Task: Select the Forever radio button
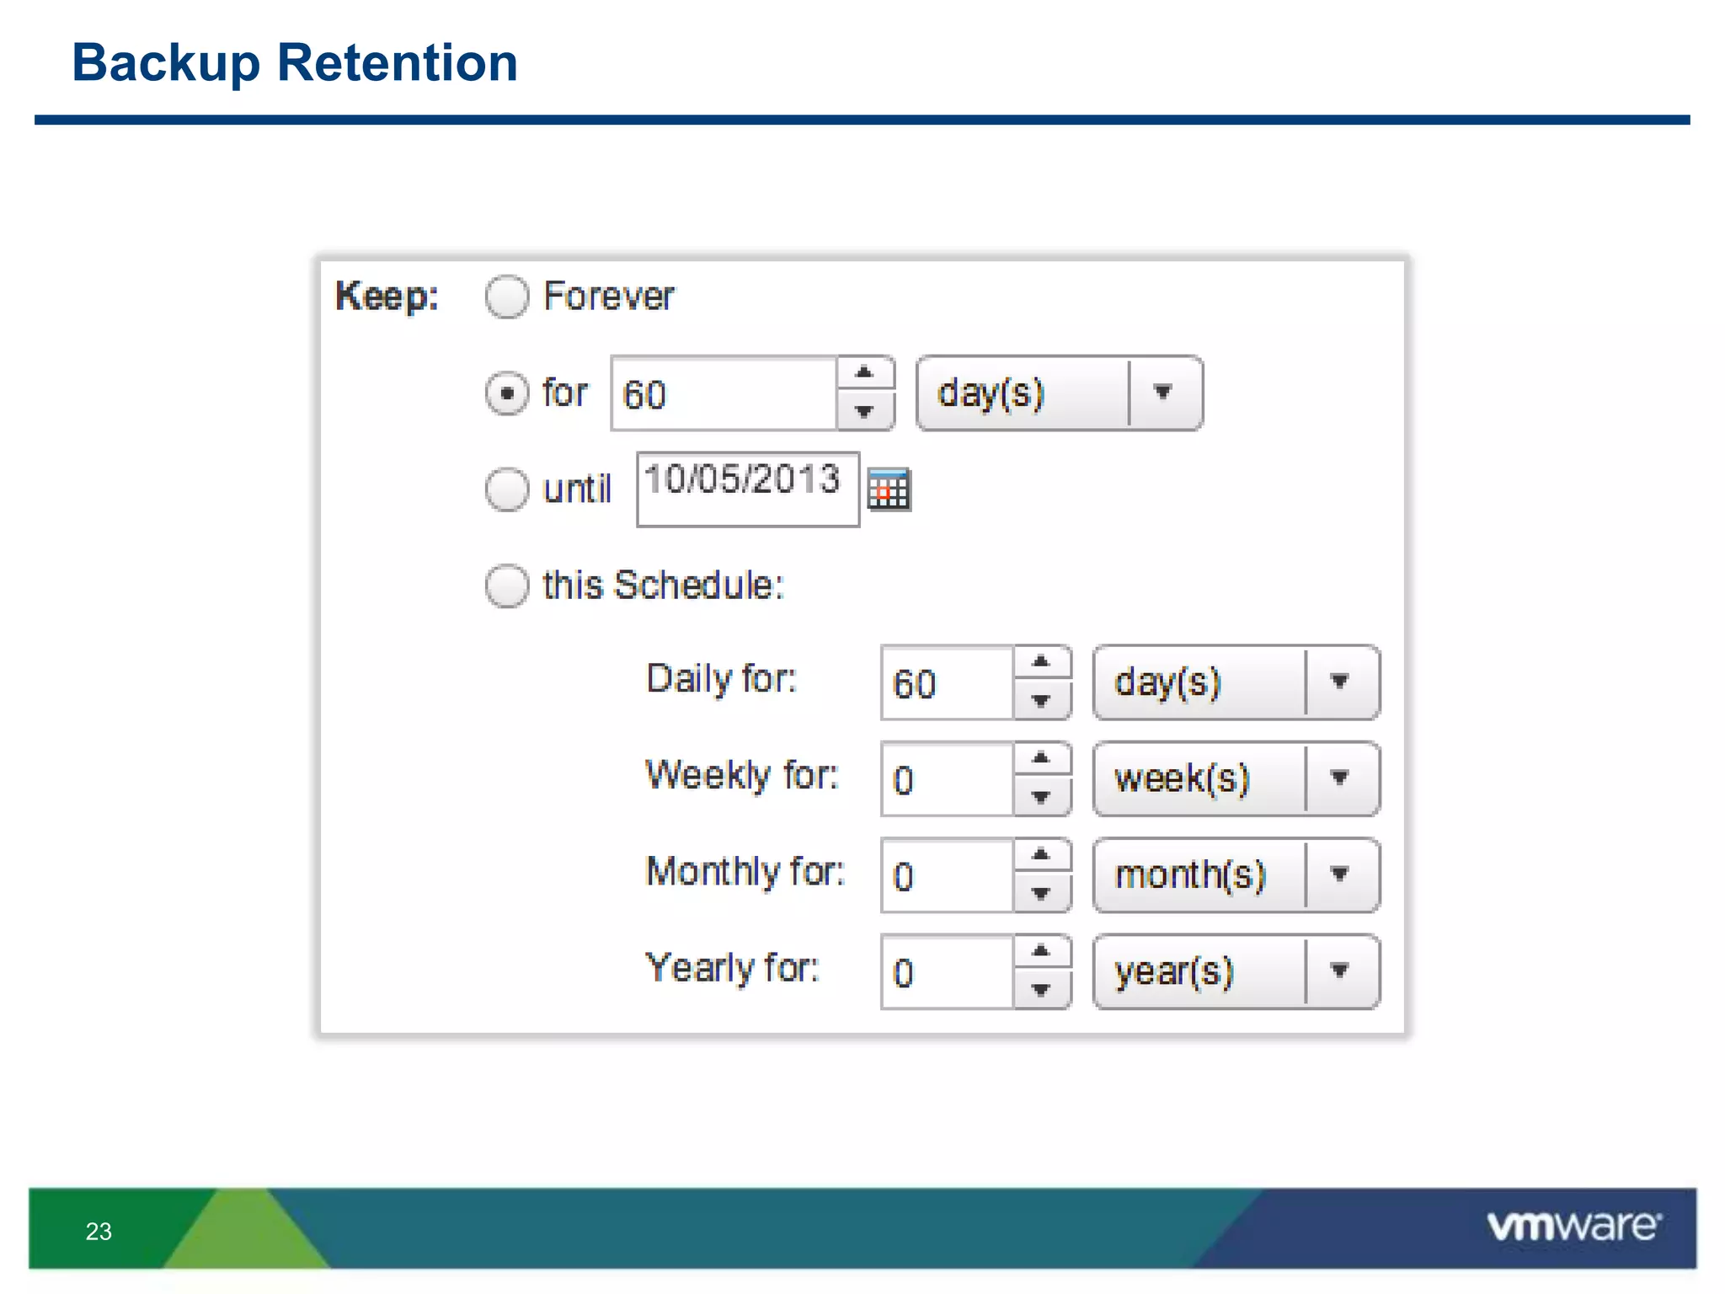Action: coord(507,297)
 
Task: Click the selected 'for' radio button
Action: coord(507,393)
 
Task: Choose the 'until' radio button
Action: coord(507,489)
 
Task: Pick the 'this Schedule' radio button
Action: coord(507,586)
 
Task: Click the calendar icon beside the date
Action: coord(889,489)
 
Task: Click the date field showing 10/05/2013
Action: coord(747,489)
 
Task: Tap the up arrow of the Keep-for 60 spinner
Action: coord(864,372)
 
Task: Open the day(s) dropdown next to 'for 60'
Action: coord(1059,393)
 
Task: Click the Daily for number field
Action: coord(947,683)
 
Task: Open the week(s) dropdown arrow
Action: coord(1339,778)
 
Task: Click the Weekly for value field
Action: coord(947,779)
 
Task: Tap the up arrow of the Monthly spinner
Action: coord(1041,855)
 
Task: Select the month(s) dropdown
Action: coord(1236,875)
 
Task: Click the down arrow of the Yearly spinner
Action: coord(1041,990)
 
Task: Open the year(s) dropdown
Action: coord(1236,971)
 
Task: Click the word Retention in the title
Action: coord(397,63)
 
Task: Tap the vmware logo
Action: coord(1573,1226)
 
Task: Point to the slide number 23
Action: coord(99,1232)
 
